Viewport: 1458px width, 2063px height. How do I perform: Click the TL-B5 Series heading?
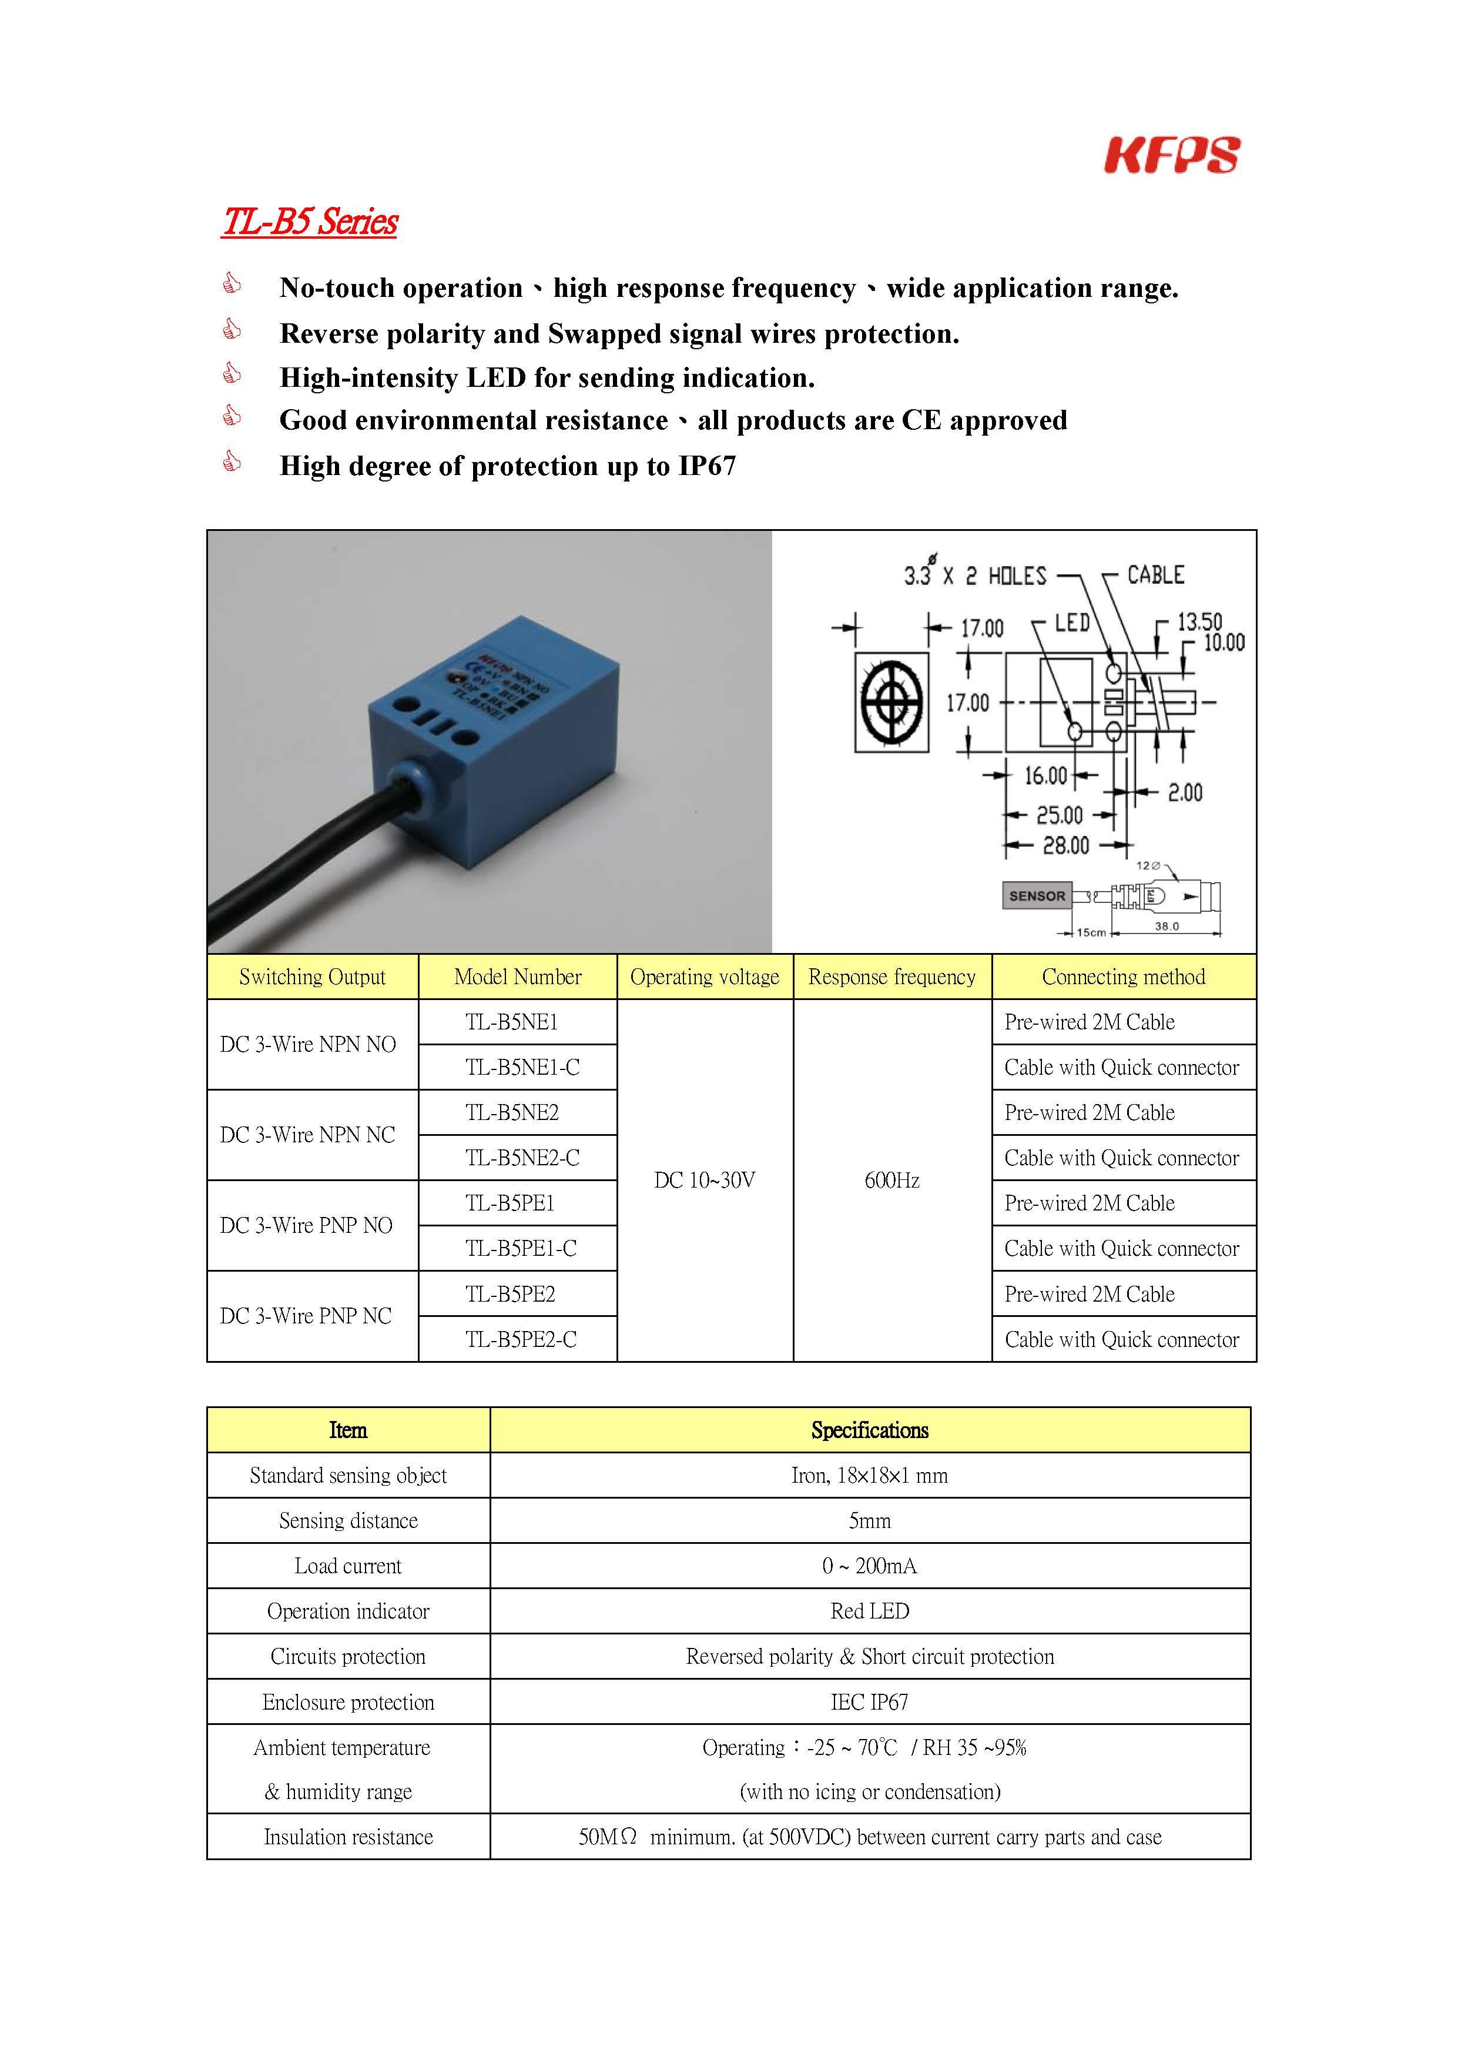[x=310, y=221]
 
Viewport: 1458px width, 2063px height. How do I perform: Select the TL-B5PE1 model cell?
[x=510, y=1202]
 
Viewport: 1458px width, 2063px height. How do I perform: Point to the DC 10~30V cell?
[x=704, y=1180]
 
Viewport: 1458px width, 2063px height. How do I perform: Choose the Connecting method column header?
[x=1123, y=977]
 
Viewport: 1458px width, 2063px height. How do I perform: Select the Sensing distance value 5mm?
[x=870, y=1520]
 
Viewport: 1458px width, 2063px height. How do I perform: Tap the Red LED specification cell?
[x=870, y=1611]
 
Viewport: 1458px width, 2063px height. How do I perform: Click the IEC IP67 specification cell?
[x=870, y=1702]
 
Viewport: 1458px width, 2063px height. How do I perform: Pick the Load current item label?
[x=348, y=1566]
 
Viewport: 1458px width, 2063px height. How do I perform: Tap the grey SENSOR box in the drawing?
[x=1037, y=896]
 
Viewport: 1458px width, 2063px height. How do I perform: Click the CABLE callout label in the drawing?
[x=1155, y=575]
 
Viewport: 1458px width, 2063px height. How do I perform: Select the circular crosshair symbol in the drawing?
[x=891, y=703]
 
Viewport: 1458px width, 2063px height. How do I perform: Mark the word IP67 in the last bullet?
[x=707, y=466]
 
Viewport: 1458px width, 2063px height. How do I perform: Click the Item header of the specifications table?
[x=348, y=1430]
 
